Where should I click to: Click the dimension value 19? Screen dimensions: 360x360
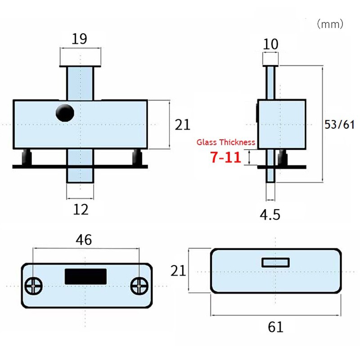pyautogui.click(x=80, y=39)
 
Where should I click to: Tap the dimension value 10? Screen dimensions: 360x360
pyautogui.click(x=271, y=44)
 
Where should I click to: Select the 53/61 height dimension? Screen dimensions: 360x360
pyautogui.click(x=340, y=125)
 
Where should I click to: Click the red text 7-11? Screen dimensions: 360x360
pyautogui.click(x=225, y=157)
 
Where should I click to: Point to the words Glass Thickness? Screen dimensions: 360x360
pyautogui.click(x=226, y=142)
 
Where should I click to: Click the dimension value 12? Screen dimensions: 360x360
pyautogui.click(x=81, y=209)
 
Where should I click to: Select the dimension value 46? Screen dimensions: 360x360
pyautogui.click(x=84, y=240)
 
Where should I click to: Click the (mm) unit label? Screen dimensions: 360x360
pyautogui.click(x=330, y=24)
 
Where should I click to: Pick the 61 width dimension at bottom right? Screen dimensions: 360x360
pyautogui.click(x=275, y=326)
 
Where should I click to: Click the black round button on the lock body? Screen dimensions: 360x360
pyautogui.click(x=65, y=112)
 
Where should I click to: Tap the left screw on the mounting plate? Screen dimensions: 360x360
pyautogui.click(x=34, y=285)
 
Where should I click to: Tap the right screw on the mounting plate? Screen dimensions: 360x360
pyautogui.click(x=139, y=285)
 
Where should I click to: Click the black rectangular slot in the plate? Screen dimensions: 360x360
pyautogui.click(x=85, y=276)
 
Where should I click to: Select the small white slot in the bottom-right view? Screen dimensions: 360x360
pyautogui.click(x=275, y=262)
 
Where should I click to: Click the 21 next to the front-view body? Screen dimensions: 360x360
pyautogui.click(x=183, y=125)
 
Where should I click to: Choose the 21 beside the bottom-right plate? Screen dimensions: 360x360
pyautogui.click(x=178, y=270)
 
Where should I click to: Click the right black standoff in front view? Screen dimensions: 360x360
pyautogui.click(x=137, y=157)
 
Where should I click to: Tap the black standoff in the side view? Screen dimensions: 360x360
pyautogui.click(x=283, y=158)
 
